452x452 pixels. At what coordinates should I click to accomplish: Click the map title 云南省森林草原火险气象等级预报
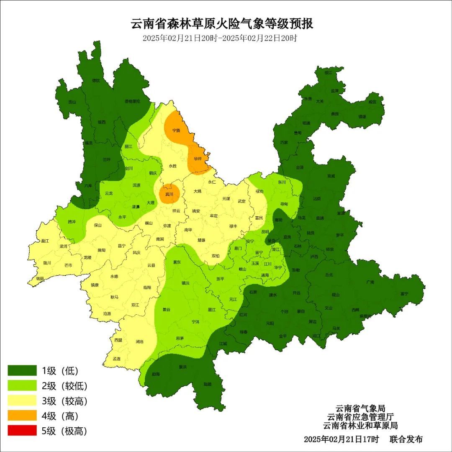click(222, 24)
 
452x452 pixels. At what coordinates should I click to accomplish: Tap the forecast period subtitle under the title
click(220, 38)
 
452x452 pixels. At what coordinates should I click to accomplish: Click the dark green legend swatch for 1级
click(22, 371)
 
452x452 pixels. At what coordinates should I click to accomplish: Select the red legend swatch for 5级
click(22, 431)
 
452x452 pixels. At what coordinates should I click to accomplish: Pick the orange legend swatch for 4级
click(22, 416)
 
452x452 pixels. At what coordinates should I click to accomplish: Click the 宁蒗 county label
click(176, 131)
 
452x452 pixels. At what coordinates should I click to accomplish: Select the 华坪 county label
click(198, 159)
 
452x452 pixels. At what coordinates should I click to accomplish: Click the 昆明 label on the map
click(265, 231)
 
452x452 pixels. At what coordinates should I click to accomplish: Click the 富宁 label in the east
click(403, 294)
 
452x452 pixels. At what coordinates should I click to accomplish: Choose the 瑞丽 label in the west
click(40, 278)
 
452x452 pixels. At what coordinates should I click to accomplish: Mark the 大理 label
click(150, 203)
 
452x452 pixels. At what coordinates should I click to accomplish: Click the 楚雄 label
click(201, 240)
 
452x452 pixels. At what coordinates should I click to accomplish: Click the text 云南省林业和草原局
click(360, 426)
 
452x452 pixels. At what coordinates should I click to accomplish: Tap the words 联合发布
click(406, 439)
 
